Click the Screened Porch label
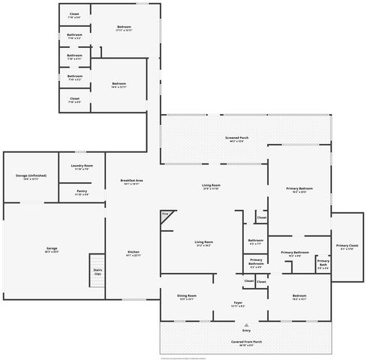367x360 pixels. (237, 138)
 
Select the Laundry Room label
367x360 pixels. (82, 166)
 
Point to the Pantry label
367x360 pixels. (82, 191)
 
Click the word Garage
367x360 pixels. (52, 248)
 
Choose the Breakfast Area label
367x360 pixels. (132, 181)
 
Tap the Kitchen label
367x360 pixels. (132, 251)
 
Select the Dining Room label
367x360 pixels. (186, 295)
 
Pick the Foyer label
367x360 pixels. (237, 303)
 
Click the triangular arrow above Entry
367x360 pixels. (245, 324)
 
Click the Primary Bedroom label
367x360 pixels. (299, 188)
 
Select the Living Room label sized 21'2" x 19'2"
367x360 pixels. (204, 241)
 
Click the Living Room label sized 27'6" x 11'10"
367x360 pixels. (210, 185)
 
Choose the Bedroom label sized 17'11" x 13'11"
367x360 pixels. (125, 28)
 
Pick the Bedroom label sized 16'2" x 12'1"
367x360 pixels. (299, 295)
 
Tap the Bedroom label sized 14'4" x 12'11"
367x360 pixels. (119, 84)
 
